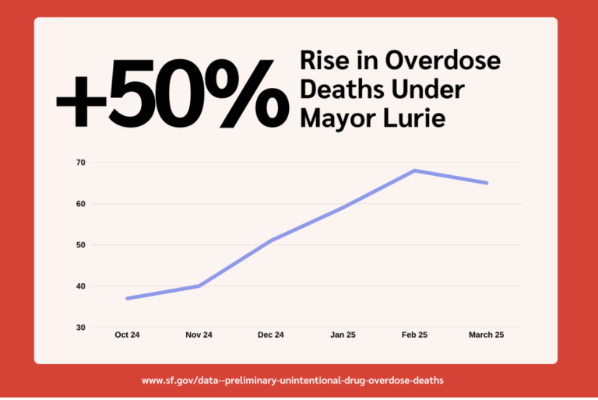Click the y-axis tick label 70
(x=80, y=163)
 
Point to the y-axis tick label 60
(x=80, y=204)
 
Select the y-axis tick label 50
(x=80, y=245)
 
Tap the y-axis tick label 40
(x=80, y=286)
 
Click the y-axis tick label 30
(x=80, y=328)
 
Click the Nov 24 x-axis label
(x=199, y=335)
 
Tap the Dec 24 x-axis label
(x=271, y=335)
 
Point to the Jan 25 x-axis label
(x=343, y=335)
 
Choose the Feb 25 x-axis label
(x=416, y=335)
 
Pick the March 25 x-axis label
(x=487, y=335)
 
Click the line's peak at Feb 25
(x=416, y=170)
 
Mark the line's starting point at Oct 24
(x=127, y=298)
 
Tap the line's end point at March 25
(x=487, y=183)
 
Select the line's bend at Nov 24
(x=199, y=286)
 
